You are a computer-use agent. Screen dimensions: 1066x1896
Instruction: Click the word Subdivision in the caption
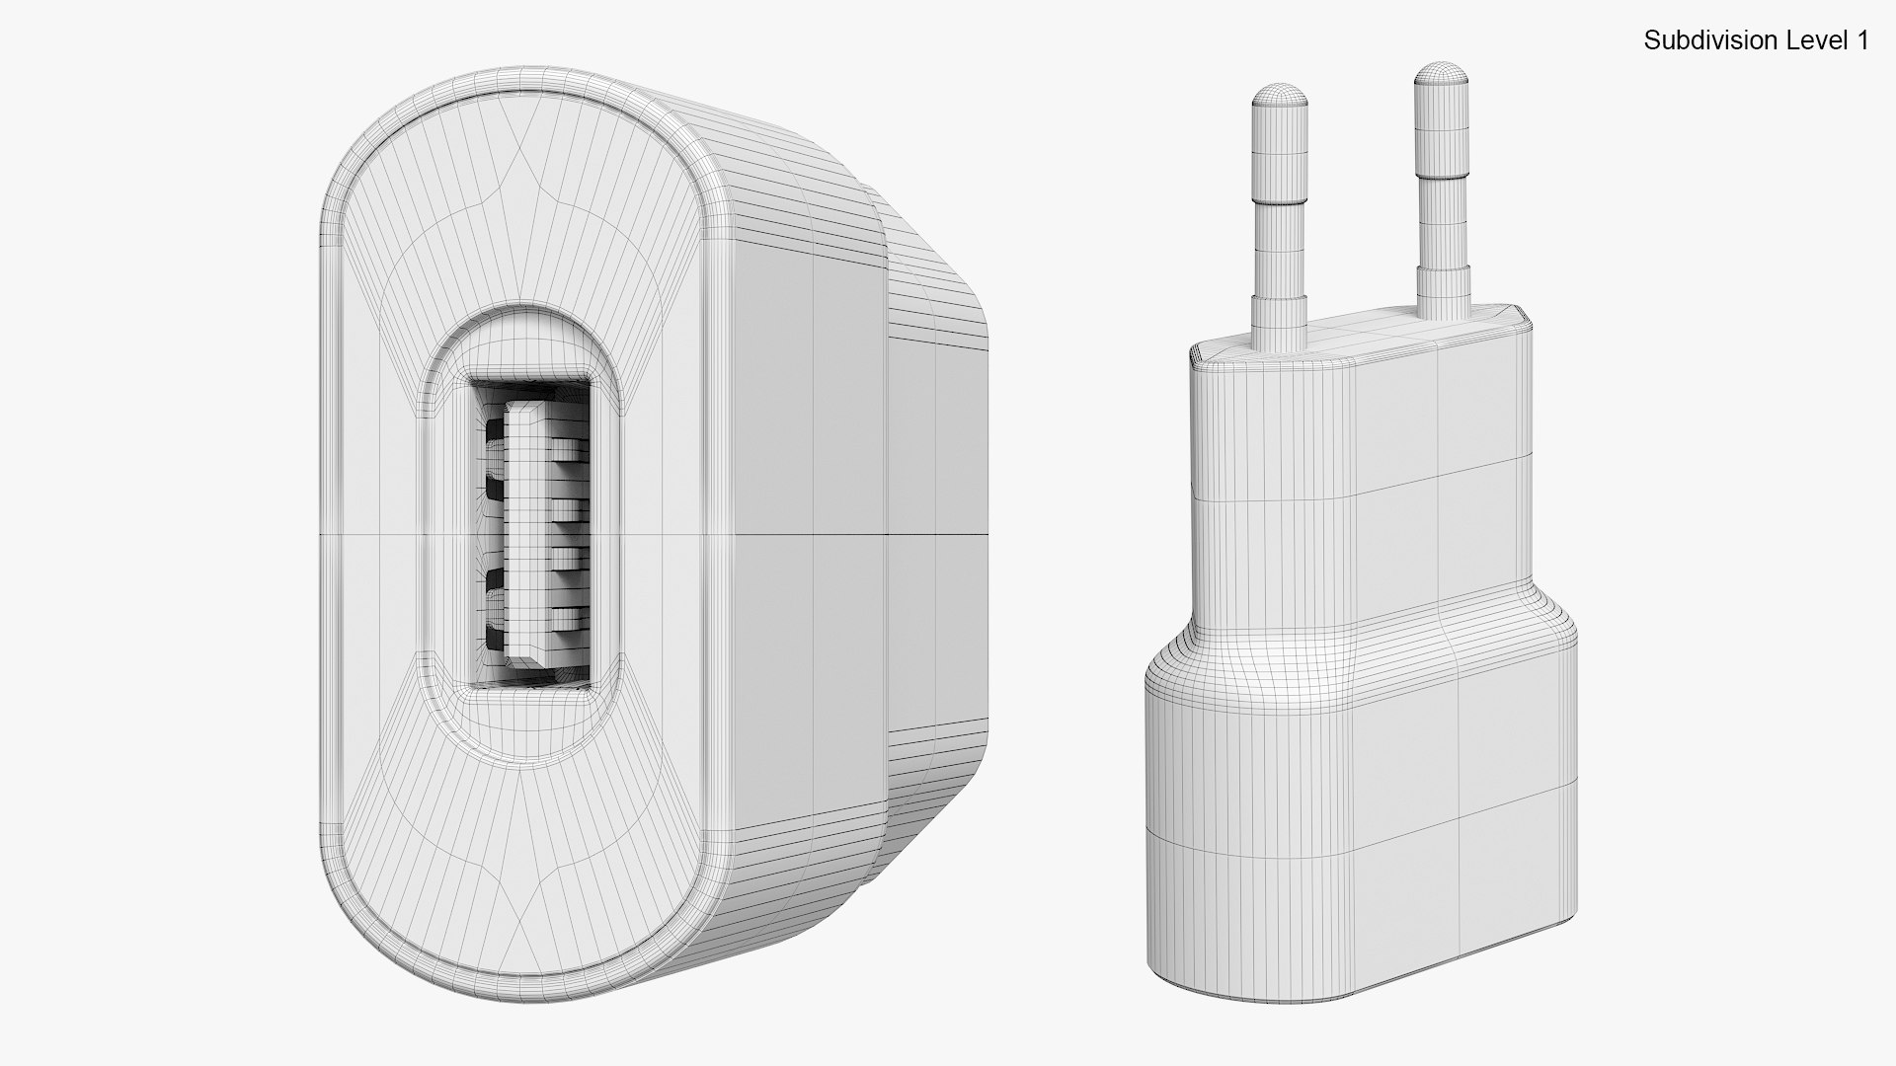pyautogui.click(x=1697, y=40)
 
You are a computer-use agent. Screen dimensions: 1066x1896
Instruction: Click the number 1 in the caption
pyautogui.click(x=1862, y=40)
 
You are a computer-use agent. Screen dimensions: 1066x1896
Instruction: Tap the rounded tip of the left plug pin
pyautogui.click(x=1281, y=95)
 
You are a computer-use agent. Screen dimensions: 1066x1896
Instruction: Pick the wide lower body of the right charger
pyautogui.click(x=1363, y=780)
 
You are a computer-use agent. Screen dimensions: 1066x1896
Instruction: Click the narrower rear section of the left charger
pyautogui.click(x=938, y=533)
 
